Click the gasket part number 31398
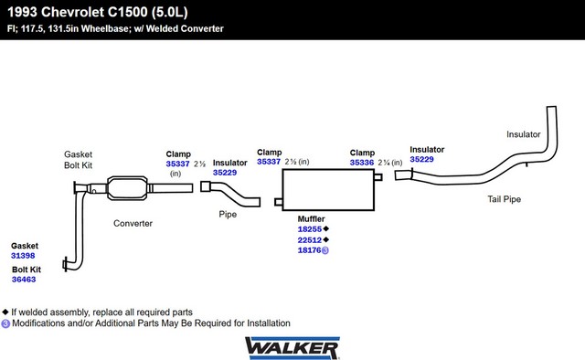click(x=23, y=256)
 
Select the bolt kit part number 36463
click(x=24, y=280)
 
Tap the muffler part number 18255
click(x=309, y=229)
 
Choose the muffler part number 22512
click(x=309, y=240)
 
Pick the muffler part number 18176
click(x=309, y=250)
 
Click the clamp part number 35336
click(x=362, y=163)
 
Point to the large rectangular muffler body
click(x=328, y=190)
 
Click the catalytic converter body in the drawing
click(x=127, y=188)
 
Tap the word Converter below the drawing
click(x=133, y=224)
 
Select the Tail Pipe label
click(x=504, y=199)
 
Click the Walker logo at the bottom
click(x=292, y=348)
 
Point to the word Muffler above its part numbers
click(x=311, y=219)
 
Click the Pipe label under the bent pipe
click(x=228, y=215)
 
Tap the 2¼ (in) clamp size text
click(x=390, y=163)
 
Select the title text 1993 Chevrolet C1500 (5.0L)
click(x=98, y=12)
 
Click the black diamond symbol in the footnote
click(x=5, y=312)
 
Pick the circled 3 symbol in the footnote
click(x=5, y=323)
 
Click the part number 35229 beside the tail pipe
click(x=421, y=159)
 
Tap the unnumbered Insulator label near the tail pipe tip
click(x=524, y=134)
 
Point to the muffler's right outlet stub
click(x=378, y=177)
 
